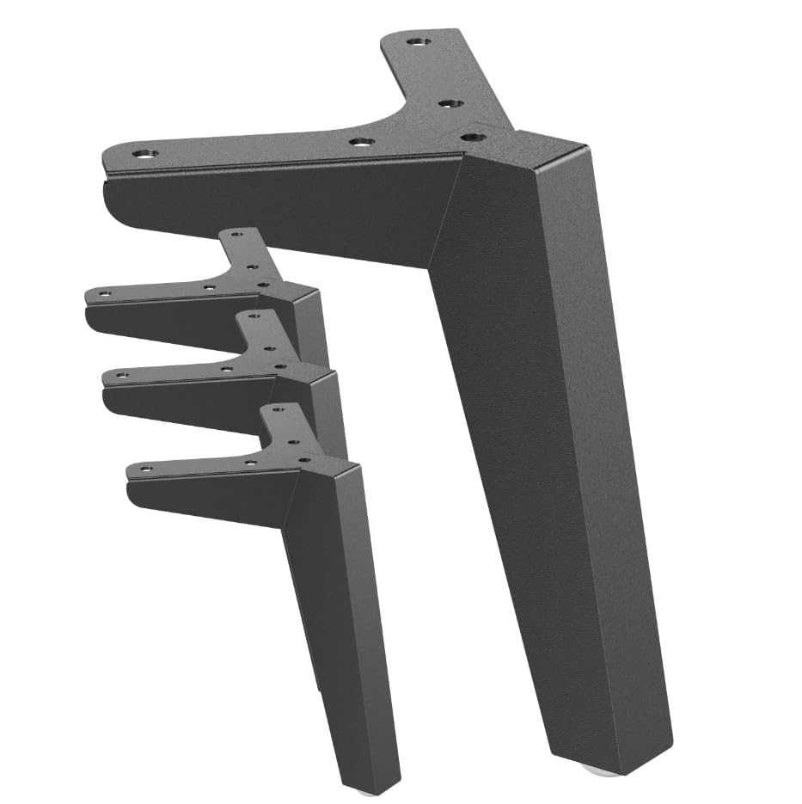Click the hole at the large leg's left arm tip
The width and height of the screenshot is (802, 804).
(x=145, y=156)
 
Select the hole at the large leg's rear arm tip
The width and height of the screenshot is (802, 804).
(x=418, y=40)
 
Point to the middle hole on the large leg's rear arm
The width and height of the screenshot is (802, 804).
(x=447, y=103)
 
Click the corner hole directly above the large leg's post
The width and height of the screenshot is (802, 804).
(x=469, y=135)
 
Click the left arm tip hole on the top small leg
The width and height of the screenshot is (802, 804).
(x=104, y=294)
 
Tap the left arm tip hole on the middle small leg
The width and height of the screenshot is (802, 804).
(x=123, y=375)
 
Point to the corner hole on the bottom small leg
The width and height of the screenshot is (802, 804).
(x=304, y=459)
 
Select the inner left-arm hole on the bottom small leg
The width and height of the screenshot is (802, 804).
(x=250, y=462)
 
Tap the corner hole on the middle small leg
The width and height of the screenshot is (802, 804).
(x=280, y=366)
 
